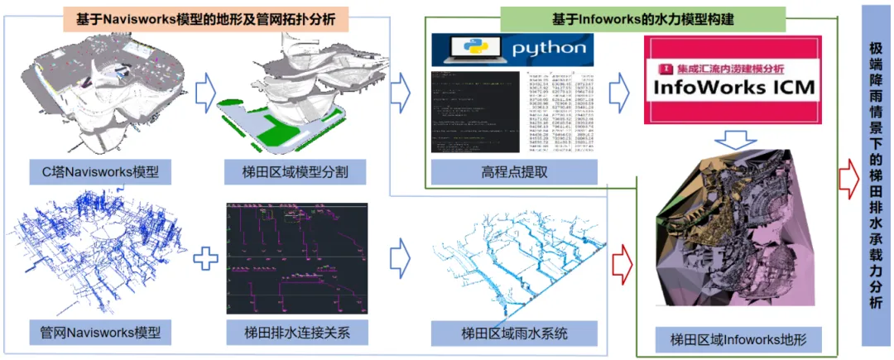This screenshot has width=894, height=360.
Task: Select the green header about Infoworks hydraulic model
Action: click(642, 19)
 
